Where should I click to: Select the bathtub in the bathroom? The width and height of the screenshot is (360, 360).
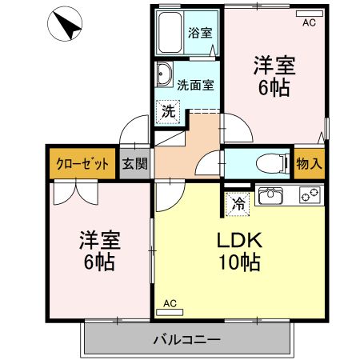(x=170, y=33)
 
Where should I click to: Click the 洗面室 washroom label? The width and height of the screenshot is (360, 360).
(x=194, y=82)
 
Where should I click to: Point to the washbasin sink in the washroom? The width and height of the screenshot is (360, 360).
(x=164, y=75)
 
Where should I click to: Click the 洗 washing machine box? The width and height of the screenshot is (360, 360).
(x=167, y=111)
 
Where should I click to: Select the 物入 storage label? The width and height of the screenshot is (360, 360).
(x=308, y=163)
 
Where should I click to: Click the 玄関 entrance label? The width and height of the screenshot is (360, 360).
(x=134, y=164)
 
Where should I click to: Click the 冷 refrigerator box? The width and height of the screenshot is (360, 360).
(x=238, y=203)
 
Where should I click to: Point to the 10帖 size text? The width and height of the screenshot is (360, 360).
(x=237, y=262)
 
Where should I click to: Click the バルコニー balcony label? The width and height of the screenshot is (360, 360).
(x=186, y=340)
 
